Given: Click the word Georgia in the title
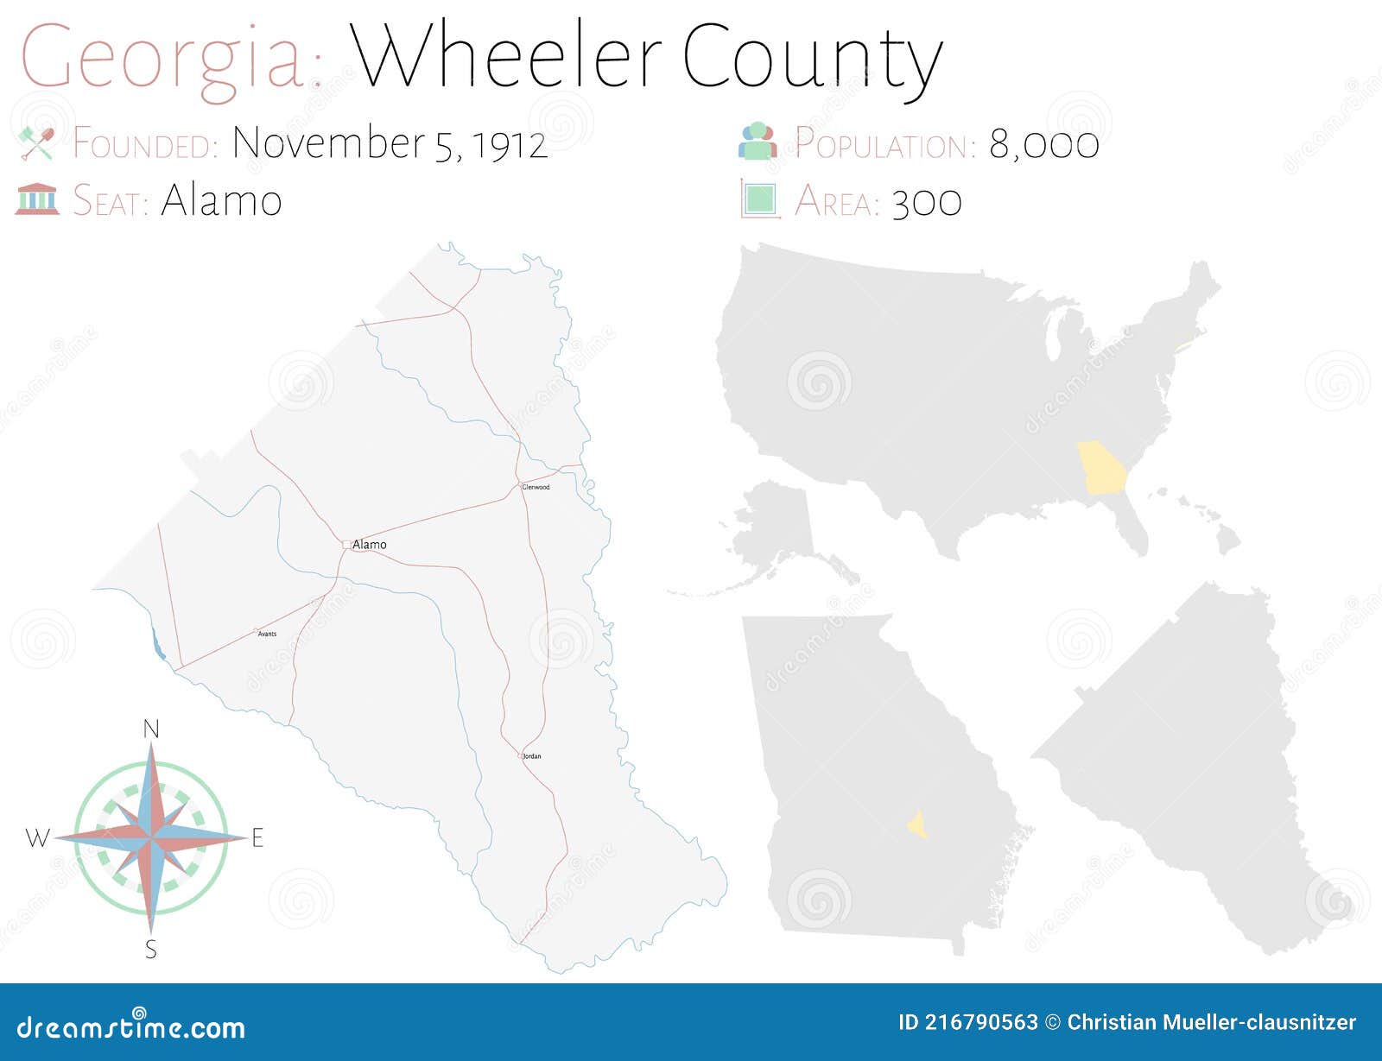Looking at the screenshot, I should (164, 59).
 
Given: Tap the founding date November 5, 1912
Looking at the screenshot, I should (390, 143).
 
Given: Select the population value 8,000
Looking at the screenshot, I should (1043, 144).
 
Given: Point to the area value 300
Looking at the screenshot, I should (926, 202).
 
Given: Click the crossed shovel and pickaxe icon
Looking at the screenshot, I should (36, 143).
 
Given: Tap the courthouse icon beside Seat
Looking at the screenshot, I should (37, 199).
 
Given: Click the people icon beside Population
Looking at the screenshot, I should (758, 142).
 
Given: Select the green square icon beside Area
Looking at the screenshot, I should (760, 199).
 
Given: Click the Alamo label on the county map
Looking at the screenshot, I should (370, 545).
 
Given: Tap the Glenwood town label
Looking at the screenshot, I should (536, 487).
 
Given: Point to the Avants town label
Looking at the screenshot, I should (267, 635).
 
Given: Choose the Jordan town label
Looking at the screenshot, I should (532, 756).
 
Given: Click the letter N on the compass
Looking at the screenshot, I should (151, 730).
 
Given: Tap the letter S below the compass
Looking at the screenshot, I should (151, 950).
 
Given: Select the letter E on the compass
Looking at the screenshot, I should (257, 837).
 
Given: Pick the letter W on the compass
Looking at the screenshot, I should (37, 837).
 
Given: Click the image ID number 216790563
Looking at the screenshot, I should (981, 1023).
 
